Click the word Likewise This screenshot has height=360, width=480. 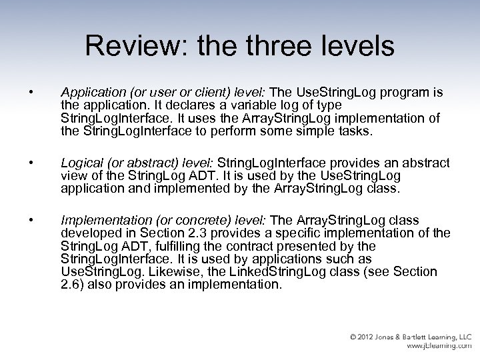(155, 271)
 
